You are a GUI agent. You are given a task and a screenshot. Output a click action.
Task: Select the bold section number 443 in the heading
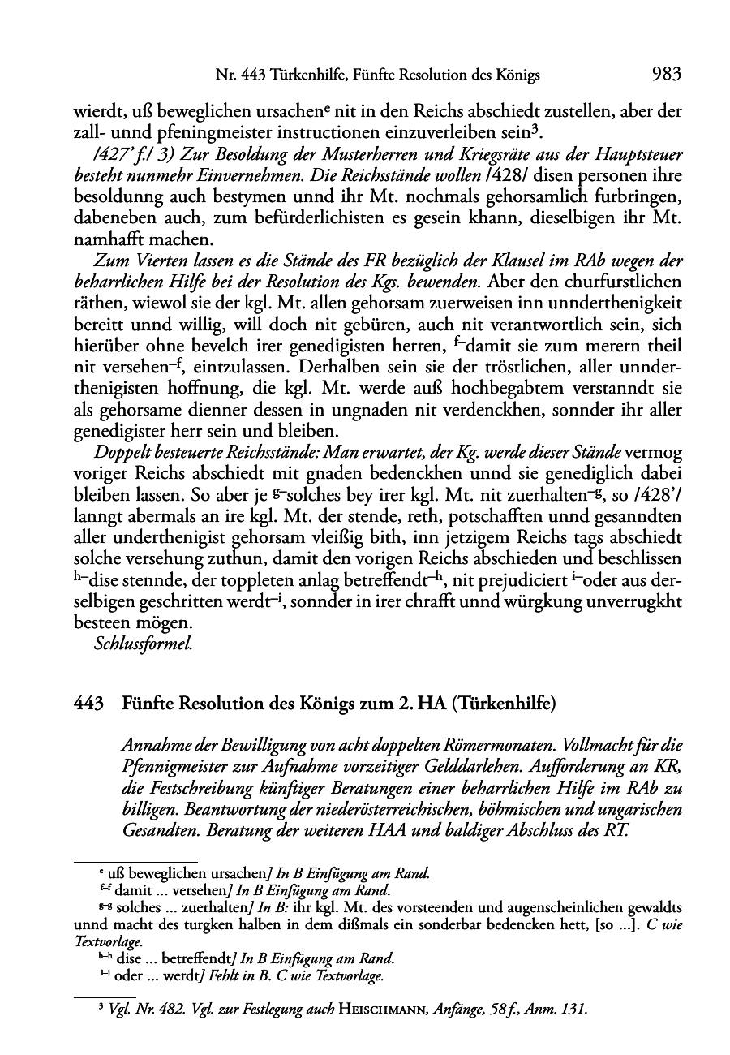[x=88, y=704]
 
